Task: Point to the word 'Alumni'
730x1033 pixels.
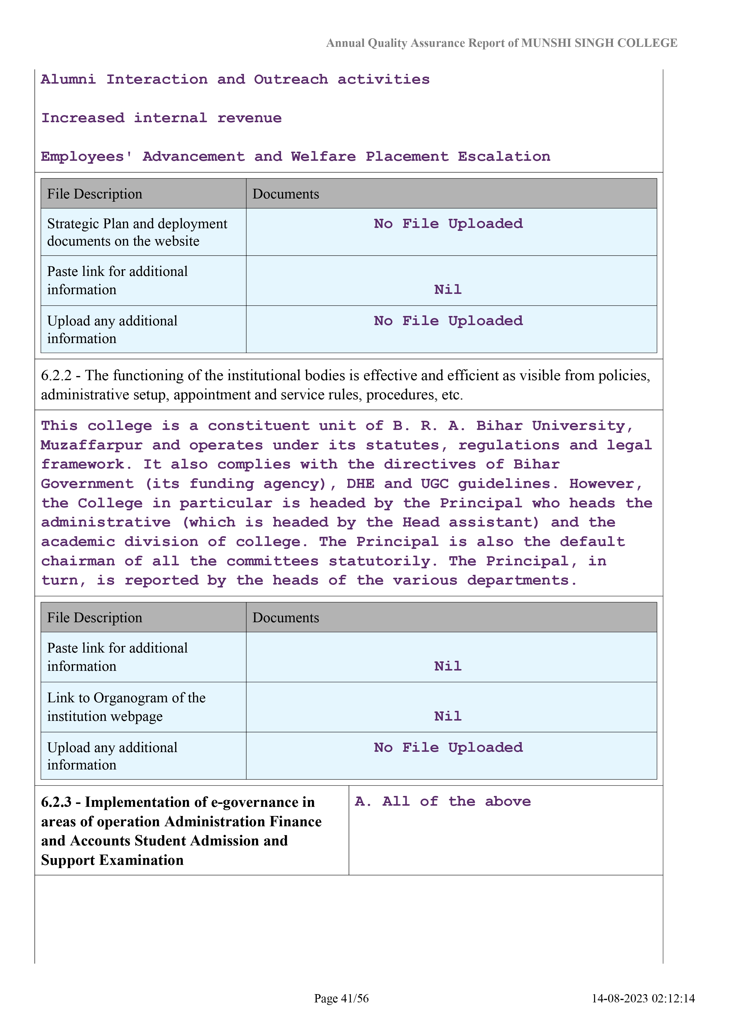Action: pos(68,80)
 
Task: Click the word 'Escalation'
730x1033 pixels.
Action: pos(504,157)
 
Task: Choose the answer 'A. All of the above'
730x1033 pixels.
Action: pos(443,801)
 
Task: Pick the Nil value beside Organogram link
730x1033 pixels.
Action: pos(448,716)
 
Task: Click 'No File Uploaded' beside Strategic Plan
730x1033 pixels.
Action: pos(448,224)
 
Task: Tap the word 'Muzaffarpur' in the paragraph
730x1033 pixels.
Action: pos(92,446)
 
